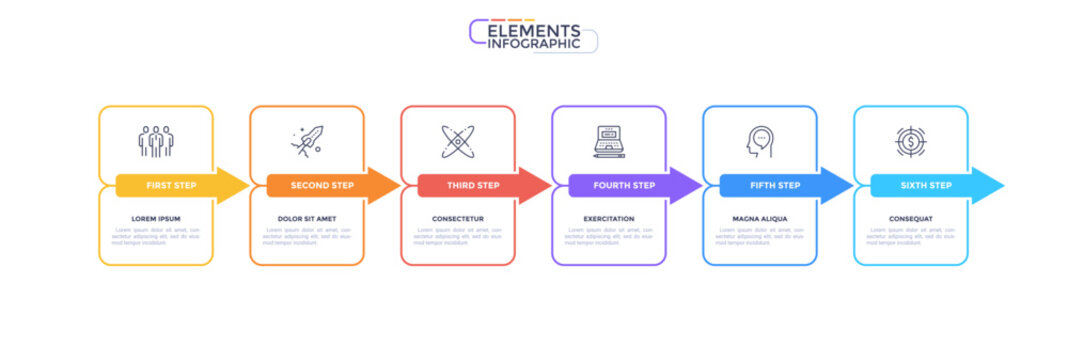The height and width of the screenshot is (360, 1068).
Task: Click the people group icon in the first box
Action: click(156, 141)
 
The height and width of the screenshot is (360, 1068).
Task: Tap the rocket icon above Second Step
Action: click(306, 141)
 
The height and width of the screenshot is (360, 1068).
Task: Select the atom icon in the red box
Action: click(457, 141)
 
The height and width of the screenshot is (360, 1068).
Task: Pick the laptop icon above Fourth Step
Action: click(609, 141)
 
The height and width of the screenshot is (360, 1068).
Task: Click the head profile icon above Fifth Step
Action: click(759, 141)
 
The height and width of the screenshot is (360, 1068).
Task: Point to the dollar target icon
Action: click(910, 141)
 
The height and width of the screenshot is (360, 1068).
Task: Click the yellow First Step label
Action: click(171, 185)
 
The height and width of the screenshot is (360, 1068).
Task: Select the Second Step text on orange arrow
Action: click(322, 185)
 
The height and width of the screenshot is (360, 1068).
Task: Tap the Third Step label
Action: click(473, 185)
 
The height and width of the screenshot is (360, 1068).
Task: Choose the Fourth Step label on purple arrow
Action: click(624, 185)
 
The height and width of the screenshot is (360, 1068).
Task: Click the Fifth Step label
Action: click(775, 185)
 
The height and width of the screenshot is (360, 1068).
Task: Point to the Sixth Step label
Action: click(926, 185)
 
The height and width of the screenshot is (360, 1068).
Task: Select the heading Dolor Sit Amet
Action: click(306, 218)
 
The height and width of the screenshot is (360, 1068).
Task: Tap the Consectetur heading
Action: click(458, 218)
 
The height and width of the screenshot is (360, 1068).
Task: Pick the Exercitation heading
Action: click(609, 218)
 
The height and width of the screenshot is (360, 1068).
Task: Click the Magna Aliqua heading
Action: click(760, 218)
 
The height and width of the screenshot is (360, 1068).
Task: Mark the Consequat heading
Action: click(911, 218)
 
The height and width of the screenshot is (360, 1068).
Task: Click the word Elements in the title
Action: click(534, 31)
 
